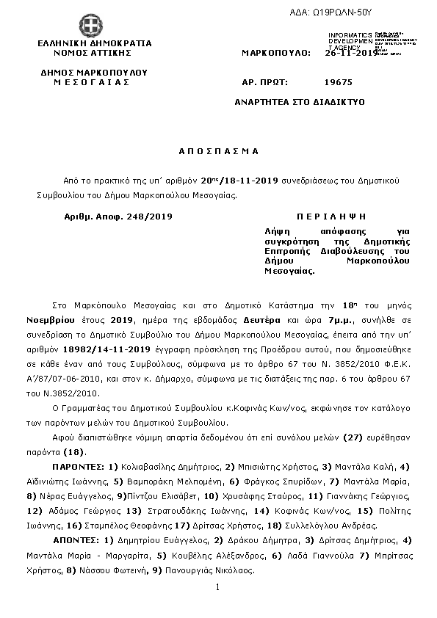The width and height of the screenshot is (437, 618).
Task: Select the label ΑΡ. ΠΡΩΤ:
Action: click(264, 84)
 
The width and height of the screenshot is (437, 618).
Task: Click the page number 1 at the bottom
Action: click(218, 587)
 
